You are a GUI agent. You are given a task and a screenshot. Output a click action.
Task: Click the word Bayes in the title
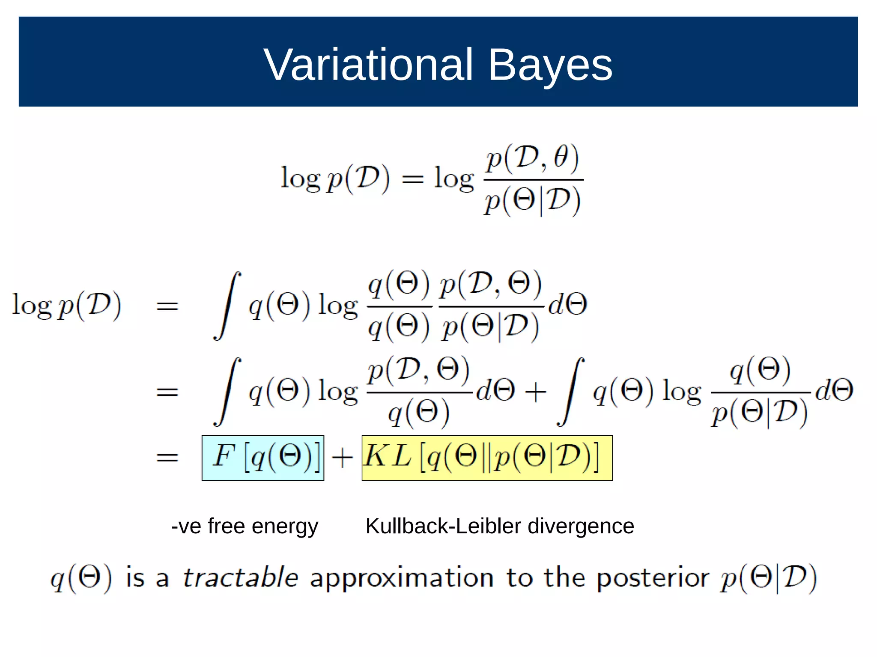point(550,65)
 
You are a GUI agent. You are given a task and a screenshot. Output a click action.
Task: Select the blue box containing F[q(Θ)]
point(263,458)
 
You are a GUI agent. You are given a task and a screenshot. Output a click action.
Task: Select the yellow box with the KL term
point(487,458)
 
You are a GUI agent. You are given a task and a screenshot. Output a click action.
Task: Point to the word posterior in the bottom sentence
point(653,578)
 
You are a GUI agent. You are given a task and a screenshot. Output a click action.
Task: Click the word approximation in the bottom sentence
point(402,578)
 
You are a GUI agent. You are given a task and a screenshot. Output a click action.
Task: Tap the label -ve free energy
point(245,526)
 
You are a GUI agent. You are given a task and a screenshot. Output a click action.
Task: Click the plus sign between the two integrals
point(535,392)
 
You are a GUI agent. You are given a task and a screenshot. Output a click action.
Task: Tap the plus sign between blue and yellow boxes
point(342,458)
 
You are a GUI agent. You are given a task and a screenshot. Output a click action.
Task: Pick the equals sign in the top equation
point(413,179)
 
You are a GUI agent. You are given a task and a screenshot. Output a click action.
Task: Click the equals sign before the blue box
point(167,458)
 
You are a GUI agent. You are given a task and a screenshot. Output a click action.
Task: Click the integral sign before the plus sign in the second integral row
point(227,392)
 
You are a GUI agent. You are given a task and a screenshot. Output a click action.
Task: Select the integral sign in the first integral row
point(227,306)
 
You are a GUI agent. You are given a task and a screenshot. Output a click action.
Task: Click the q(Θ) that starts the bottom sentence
point(81,578)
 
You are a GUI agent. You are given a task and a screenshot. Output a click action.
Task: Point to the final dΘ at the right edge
point(834,390)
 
